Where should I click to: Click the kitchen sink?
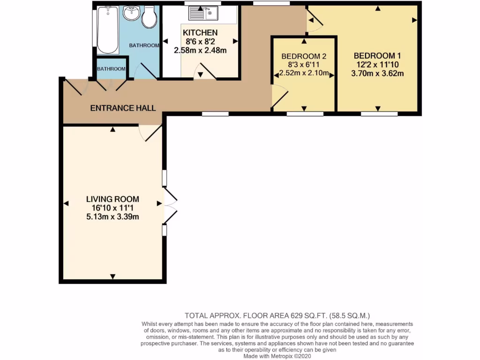(x=203, y=13)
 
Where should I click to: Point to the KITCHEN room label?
(x=200, y=33)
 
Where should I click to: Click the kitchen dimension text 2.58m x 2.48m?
(x=200, y=50)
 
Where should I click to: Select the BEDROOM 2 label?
(x=304, y=56)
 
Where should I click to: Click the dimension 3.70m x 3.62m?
(x=378, y=73)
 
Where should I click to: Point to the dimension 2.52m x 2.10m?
(x=304, y=73)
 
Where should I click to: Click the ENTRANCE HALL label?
(x=123, y=108)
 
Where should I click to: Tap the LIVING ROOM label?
(x=112, y=199)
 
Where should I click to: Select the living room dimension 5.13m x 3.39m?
(x=112, y=216)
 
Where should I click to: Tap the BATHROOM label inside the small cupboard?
(x=111, y=69)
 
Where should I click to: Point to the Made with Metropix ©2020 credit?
(x=280, y=356)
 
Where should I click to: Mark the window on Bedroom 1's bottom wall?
(x=379, y=113)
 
